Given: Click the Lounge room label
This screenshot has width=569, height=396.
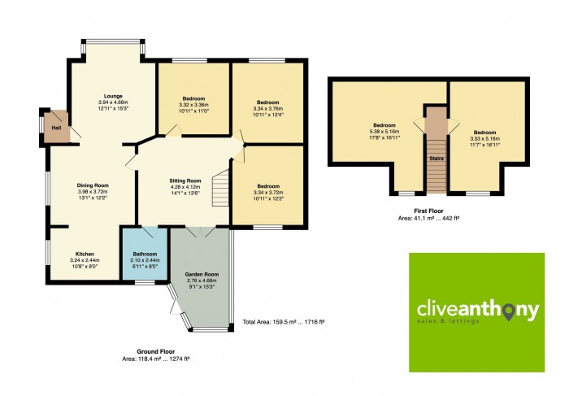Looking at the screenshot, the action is (x=113, y=96).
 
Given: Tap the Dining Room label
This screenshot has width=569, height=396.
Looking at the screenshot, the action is (x=93, y=185).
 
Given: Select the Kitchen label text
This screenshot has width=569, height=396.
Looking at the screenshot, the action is (x=85, y=254).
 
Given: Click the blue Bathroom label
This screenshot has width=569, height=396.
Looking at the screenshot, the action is (x=145, y=254).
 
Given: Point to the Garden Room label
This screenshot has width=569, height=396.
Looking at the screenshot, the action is (x=202, y=274).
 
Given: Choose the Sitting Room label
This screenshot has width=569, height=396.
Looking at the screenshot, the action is (x=185, y=181).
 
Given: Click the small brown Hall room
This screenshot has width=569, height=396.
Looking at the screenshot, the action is (x=56, y=128).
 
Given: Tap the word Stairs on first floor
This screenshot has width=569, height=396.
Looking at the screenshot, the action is (x=437, y=159).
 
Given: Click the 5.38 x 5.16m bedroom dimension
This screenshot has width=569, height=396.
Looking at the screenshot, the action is (x=384, y=132).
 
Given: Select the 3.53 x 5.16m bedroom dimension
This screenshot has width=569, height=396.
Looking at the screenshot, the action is (x=484, y=139).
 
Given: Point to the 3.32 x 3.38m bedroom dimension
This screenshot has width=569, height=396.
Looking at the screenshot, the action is (x=193, y=105).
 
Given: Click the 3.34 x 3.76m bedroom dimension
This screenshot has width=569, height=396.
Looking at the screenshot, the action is (x=267, y=108).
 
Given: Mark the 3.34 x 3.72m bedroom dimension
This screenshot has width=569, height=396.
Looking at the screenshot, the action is (x=268, y=193).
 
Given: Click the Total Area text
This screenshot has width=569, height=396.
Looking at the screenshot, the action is (x=284, y=322).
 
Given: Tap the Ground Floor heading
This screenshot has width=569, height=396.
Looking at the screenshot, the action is (x=156, y=351).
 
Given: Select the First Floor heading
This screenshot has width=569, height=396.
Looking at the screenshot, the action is (x=428, y=211).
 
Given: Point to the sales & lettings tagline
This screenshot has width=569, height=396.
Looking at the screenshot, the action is (x=448, y=321).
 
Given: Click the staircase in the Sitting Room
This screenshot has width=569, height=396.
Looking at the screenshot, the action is (x=220, y=188).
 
